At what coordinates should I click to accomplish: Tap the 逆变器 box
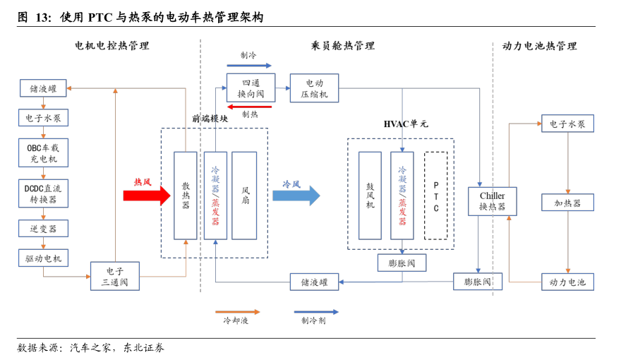pyautogui.click(x=43, y=229)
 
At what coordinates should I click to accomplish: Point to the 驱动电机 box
pyautogui.click(x=43, y=258)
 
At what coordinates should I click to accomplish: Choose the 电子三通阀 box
pyautogui.click(x=115, y=277)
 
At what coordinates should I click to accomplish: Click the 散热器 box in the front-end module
pyautogui.click(x=186, y=196)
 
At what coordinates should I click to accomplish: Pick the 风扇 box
pyautogui.click(x=244, y=196)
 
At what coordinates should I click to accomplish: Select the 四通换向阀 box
pyautogui.click(x=251, y=88)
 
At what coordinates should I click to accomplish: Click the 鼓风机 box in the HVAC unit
pyautogui.click(x=370, y=196)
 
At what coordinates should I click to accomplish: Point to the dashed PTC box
pyautogui.click(x=435, y=196)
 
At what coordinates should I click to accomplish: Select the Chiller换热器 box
pyautogui.click(x=492, y=201)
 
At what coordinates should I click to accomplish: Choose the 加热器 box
pyautogui.click(x=567, y=203)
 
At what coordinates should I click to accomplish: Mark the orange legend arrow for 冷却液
pyautogui.click(x=237, y=311)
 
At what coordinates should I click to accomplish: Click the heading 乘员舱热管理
pyautogui.click(x=342, y=46)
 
